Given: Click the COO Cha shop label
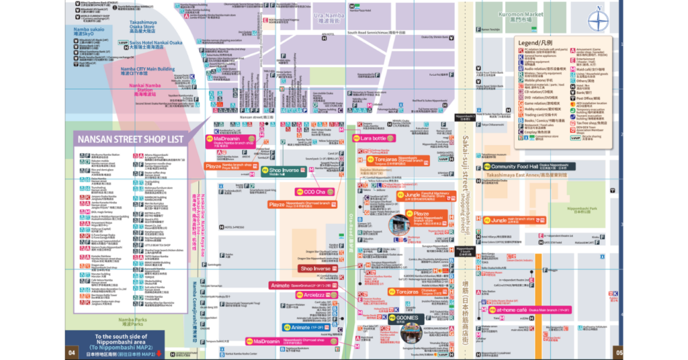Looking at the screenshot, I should (314, 192).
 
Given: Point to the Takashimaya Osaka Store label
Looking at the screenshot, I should (148, 27).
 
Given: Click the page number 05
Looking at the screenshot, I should (619, 353).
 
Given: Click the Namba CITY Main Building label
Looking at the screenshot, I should (147, 69).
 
